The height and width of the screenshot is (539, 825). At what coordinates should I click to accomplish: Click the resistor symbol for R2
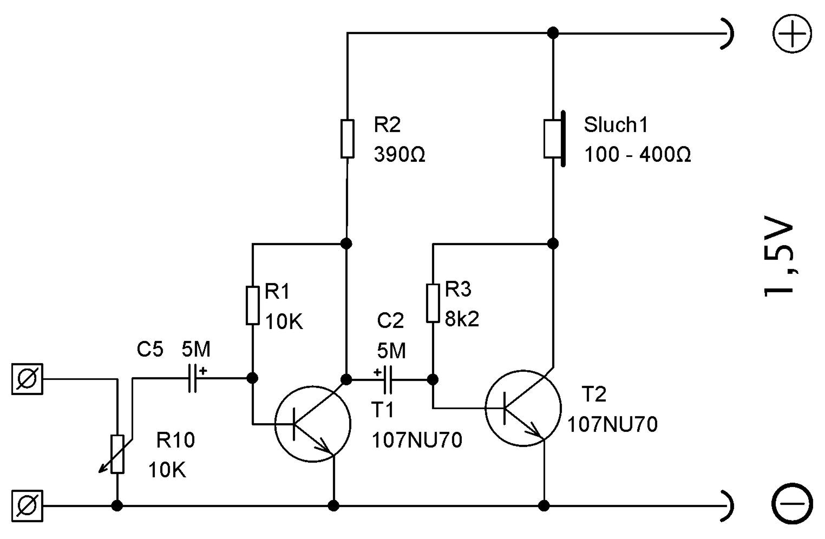click(x=347, y=139)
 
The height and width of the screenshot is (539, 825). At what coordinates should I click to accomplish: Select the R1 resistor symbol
click(x=252, y=306)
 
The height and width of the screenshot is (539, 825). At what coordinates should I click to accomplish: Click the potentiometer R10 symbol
click(x=117, y=453)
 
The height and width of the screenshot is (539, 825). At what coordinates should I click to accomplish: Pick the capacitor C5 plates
click(x=192, y=378)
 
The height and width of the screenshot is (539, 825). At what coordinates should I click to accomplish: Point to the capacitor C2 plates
click(x=388, y=379)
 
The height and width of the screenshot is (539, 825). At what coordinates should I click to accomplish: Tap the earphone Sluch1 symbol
click(x=554, y=139)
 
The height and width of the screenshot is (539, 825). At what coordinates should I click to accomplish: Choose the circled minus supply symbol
click(x=792, y=503)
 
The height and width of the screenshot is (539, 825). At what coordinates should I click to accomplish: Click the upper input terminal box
click(x=27, y=379)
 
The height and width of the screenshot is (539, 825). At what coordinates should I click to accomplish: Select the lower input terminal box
click(x=27, y=506)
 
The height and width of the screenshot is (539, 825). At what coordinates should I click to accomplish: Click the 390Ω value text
click(x=400, y=154)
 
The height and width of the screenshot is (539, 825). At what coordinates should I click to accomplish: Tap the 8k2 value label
click(x=462, y=319)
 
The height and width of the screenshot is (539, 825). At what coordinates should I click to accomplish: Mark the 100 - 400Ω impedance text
click(x=638, y=154)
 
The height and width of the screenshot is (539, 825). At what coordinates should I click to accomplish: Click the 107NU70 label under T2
click(x=612, y=424)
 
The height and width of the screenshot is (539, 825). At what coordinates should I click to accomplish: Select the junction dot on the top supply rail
click(x=553, y=33)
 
